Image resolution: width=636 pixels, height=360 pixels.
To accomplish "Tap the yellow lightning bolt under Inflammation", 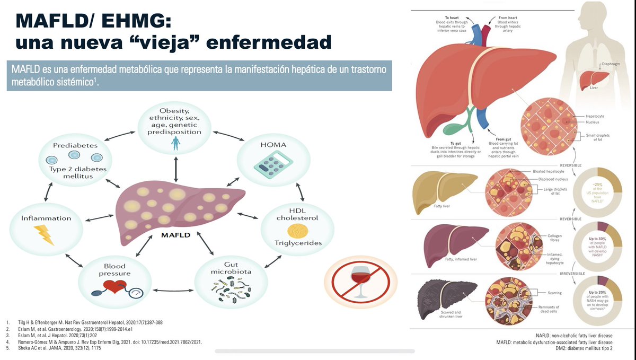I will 44,235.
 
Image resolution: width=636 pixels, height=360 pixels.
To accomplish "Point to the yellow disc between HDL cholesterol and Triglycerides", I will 297,231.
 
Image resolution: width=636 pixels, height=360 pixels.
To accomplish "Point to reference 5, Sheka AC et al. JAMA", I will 59,348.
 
